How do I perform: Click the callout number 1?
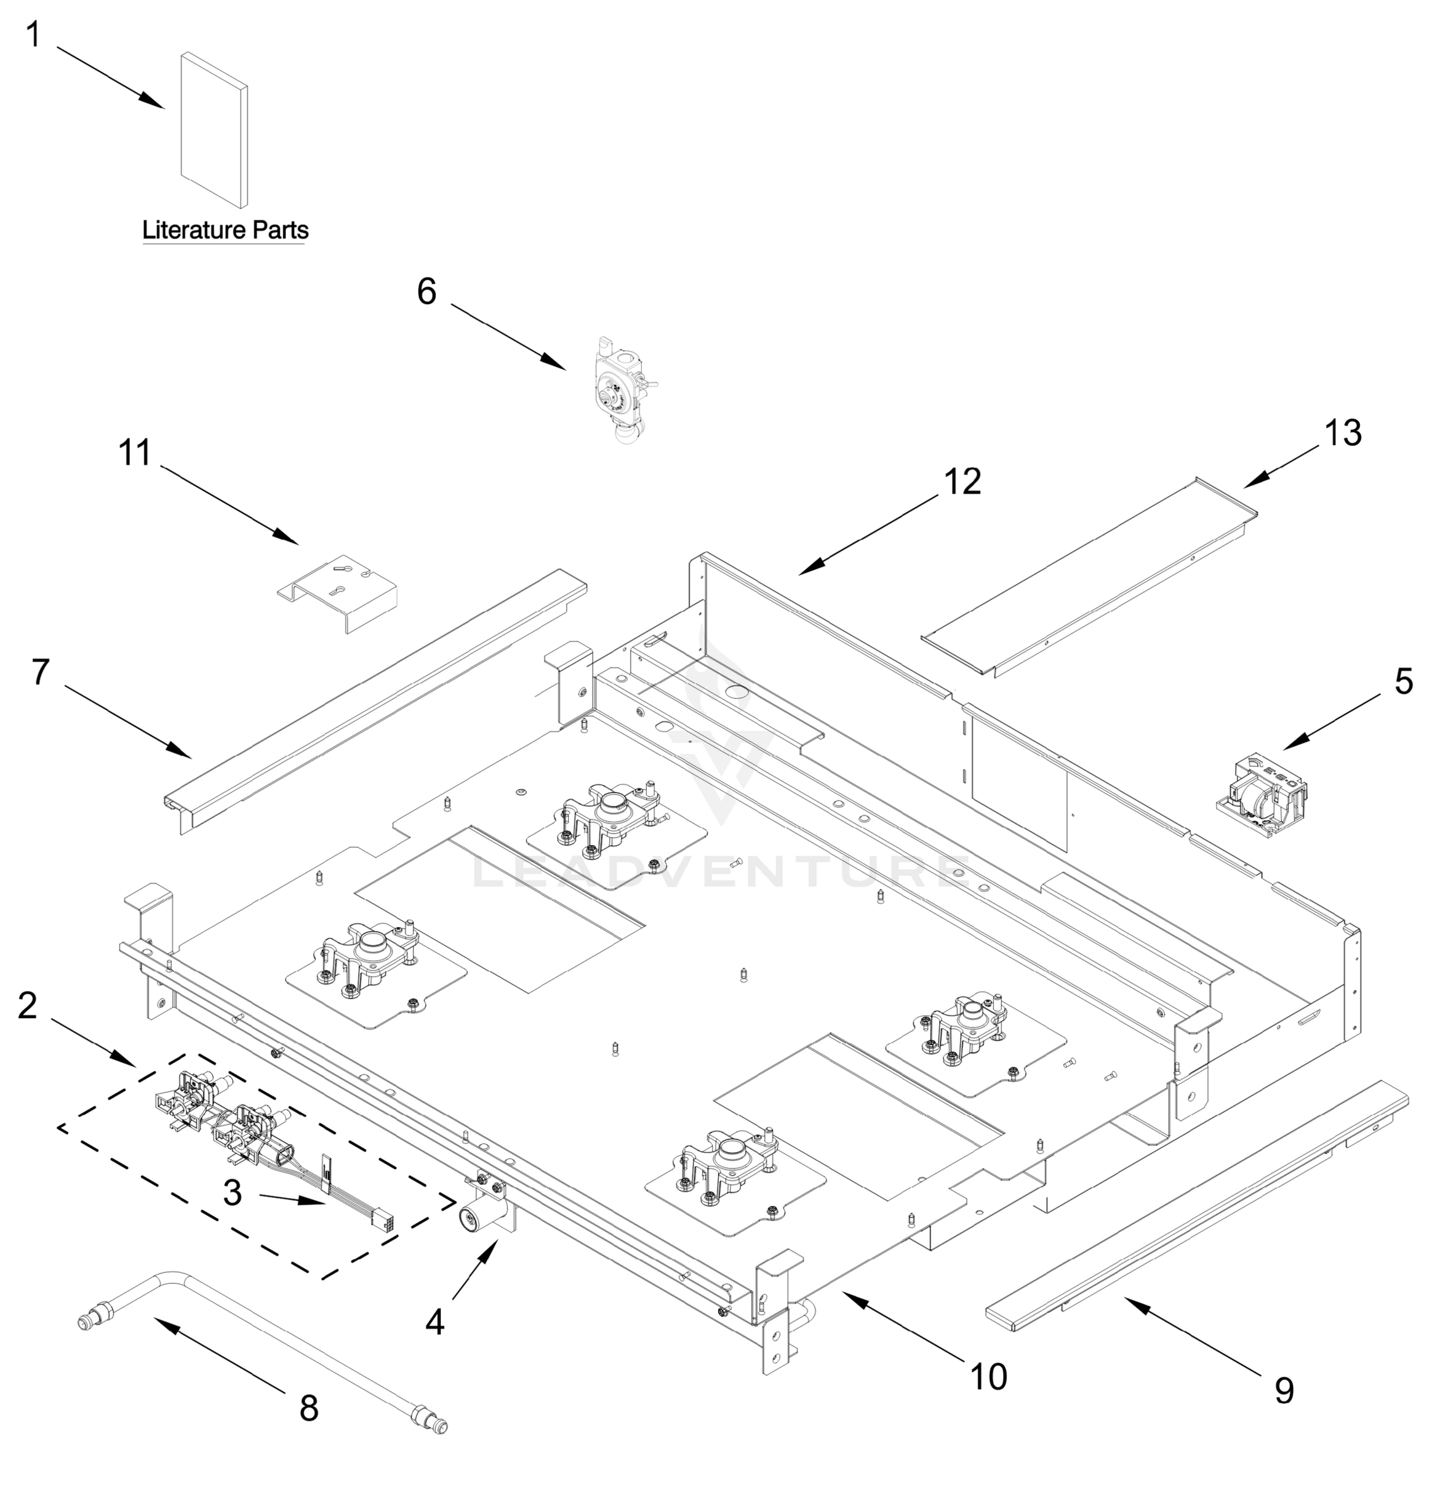[x=33, y=35]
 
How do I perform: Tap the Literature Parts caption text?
[x=225, y=230]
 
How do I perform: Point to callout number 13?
[x=1342, y=433]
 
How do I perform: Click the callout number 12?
[x=962, y=482]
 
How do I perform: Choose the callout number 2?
[x=28, y=1006]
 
